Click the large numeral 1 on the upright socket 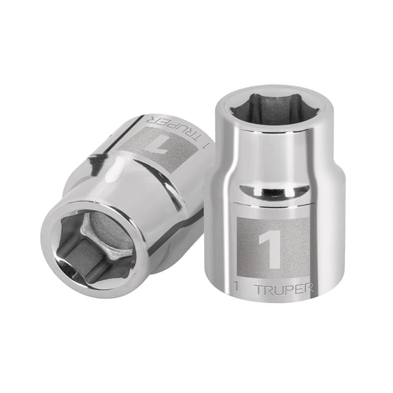tap(271, 249)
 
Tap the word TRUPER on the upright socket tap(284, 289)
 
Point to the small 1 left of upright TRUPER tap(235, 286)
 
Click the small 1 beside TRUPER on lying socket tap(207, 146)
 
